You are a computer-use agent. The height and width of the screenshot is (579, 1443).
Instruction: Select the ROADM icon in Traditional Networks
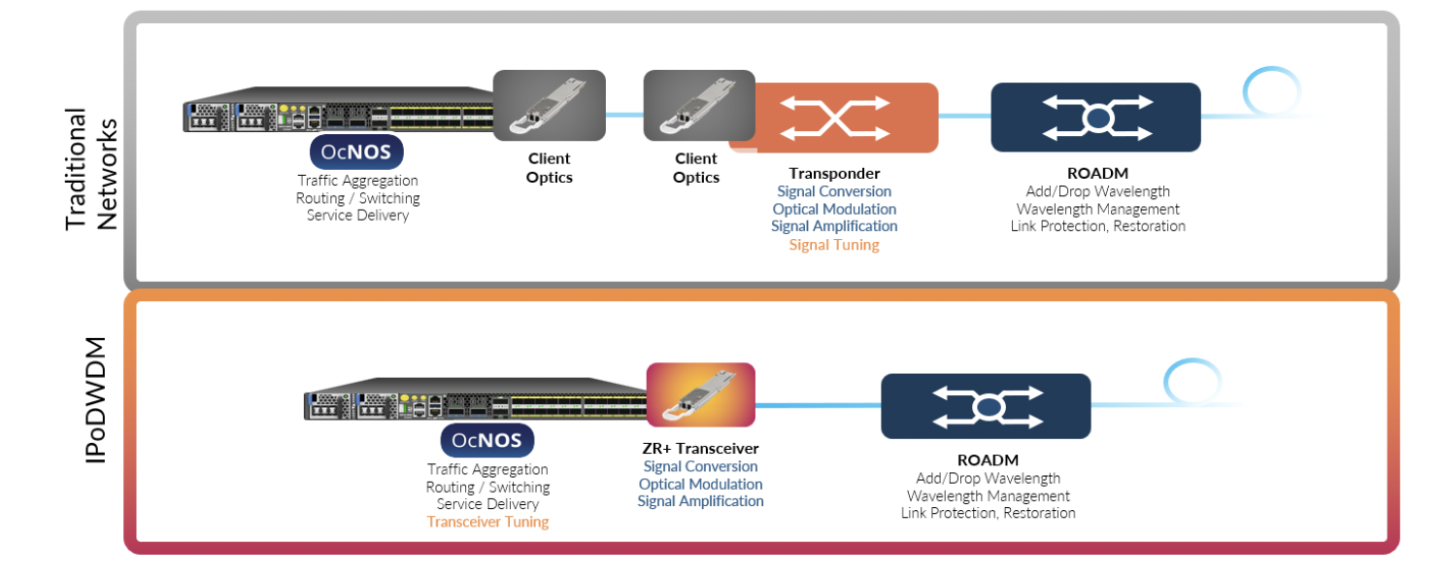point(1095,117)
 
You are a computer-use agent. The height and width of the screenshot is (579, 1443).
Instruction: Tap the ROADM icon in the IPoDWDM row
point(986,406)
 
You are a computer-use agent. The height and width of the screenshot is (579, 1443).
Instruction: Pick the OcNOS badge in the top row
point(356,153)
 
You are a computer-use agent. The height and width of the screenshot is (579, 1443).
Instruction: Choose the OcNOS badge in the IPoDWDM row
point(487,440)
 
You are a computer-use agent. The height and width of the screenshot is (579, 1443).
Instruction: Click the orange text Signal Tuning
point(834,245)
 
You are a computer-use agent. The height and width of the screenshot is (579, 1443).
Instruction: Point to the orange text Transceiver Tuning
point(487,522)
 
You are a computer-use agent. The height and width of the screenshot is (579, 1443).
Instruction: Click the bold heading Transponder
point(834,174)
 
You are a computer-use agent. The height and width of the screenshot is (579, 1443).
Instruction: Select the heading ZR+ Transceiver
point(700,449)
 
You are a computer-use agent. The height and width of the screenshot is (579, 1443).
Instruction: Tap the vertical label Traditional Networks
point(91,167)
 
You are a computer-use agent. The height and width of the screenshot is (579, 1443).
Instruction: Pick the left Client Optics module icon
point(550,105)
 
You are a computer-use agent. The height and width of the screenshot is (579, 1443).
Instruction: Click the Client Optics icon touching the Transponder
point(699,105)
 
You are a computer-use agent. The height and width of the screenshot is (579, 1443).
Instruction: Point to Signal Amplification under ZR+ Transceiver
point(700,501)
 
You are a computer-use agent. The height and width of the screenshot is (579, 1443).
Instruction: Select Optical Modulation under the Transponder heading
point(834,209)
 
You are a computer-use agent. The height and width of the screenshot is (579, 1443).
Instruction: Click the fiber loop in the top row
point(1271,93)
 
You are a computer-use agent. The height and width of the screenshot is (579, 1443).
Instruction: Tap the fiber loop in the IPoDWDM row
point(1191,382)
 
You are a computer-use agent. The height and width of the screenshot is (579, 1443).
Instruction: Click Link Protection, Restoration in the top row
point(1097,226)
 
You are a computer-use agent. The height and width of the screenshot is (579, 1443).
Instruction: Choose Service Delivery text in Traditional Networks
point(357,216)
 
